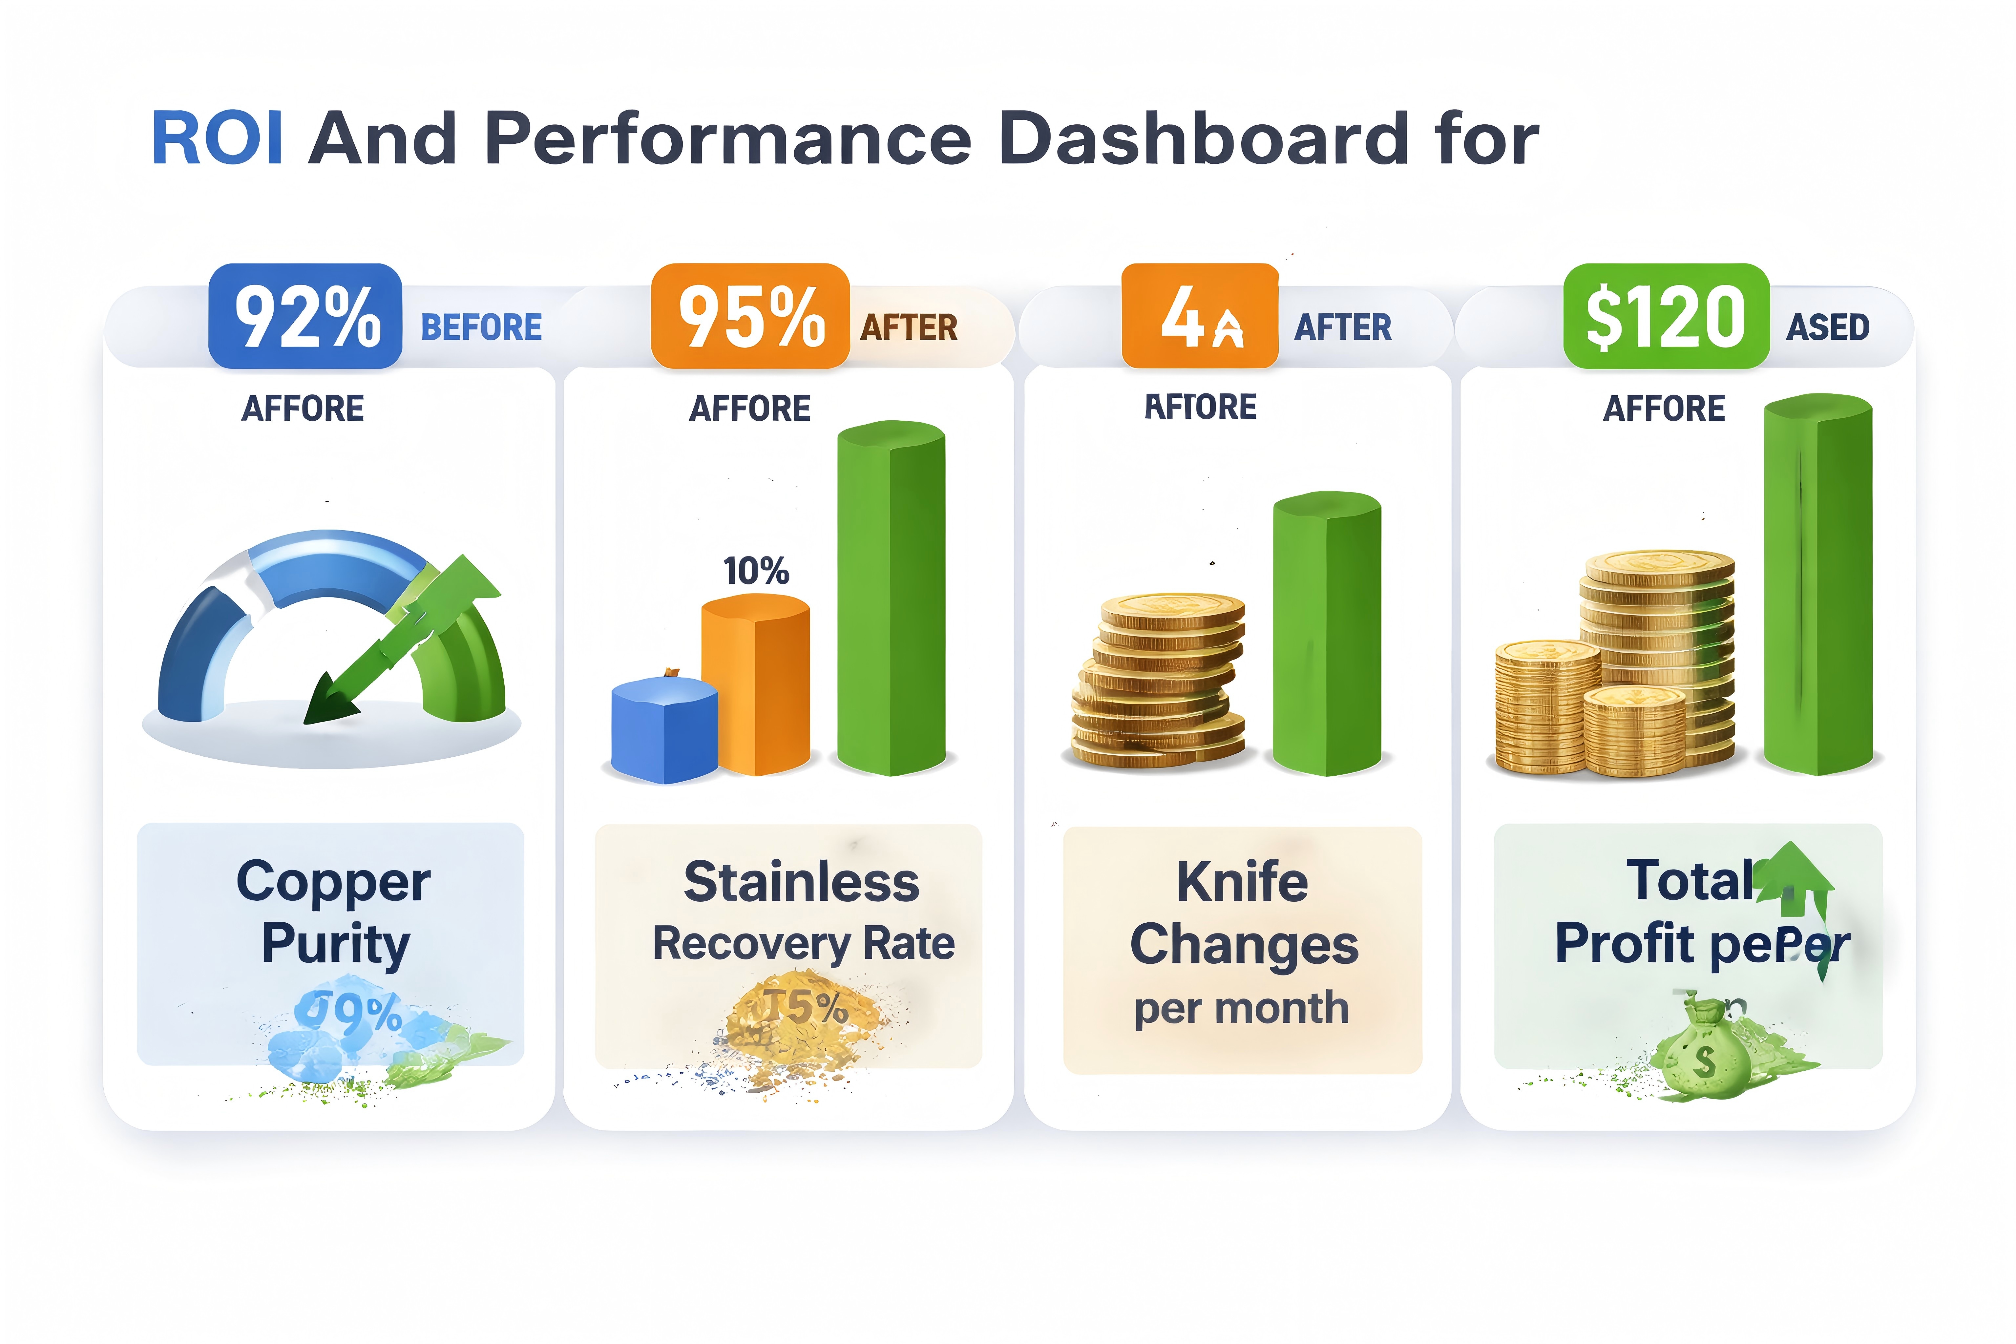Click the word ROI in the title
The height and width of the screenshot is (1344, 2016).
point(218,139)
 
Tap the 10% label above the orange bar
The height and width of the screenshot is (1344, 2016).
point(755,571)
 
